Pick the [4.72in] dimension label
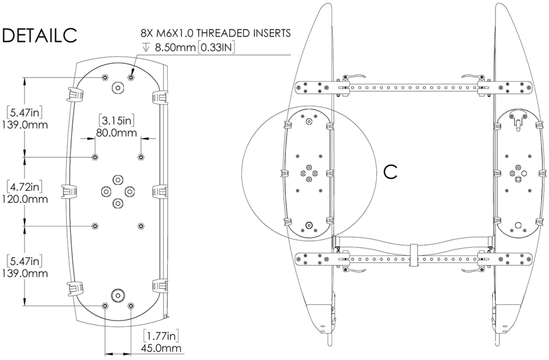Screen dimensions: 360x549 pyautogui.click(x=25, y=187)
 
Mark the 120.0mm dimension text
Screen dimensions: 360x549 pyautogui.click(x=26, y=199)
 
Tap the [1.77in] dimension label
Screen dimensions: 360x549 pyautogui.click(x=160, y=336)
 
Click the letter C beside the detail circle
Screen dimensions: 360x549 pyautogui.click(x=391, y=171)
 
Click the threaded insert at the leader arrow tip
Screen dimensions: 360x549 pyautogui.click(x=131, y=77)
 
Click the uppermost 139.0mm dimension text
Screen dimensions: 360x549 pyautogui.click(x=26, y=125)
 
